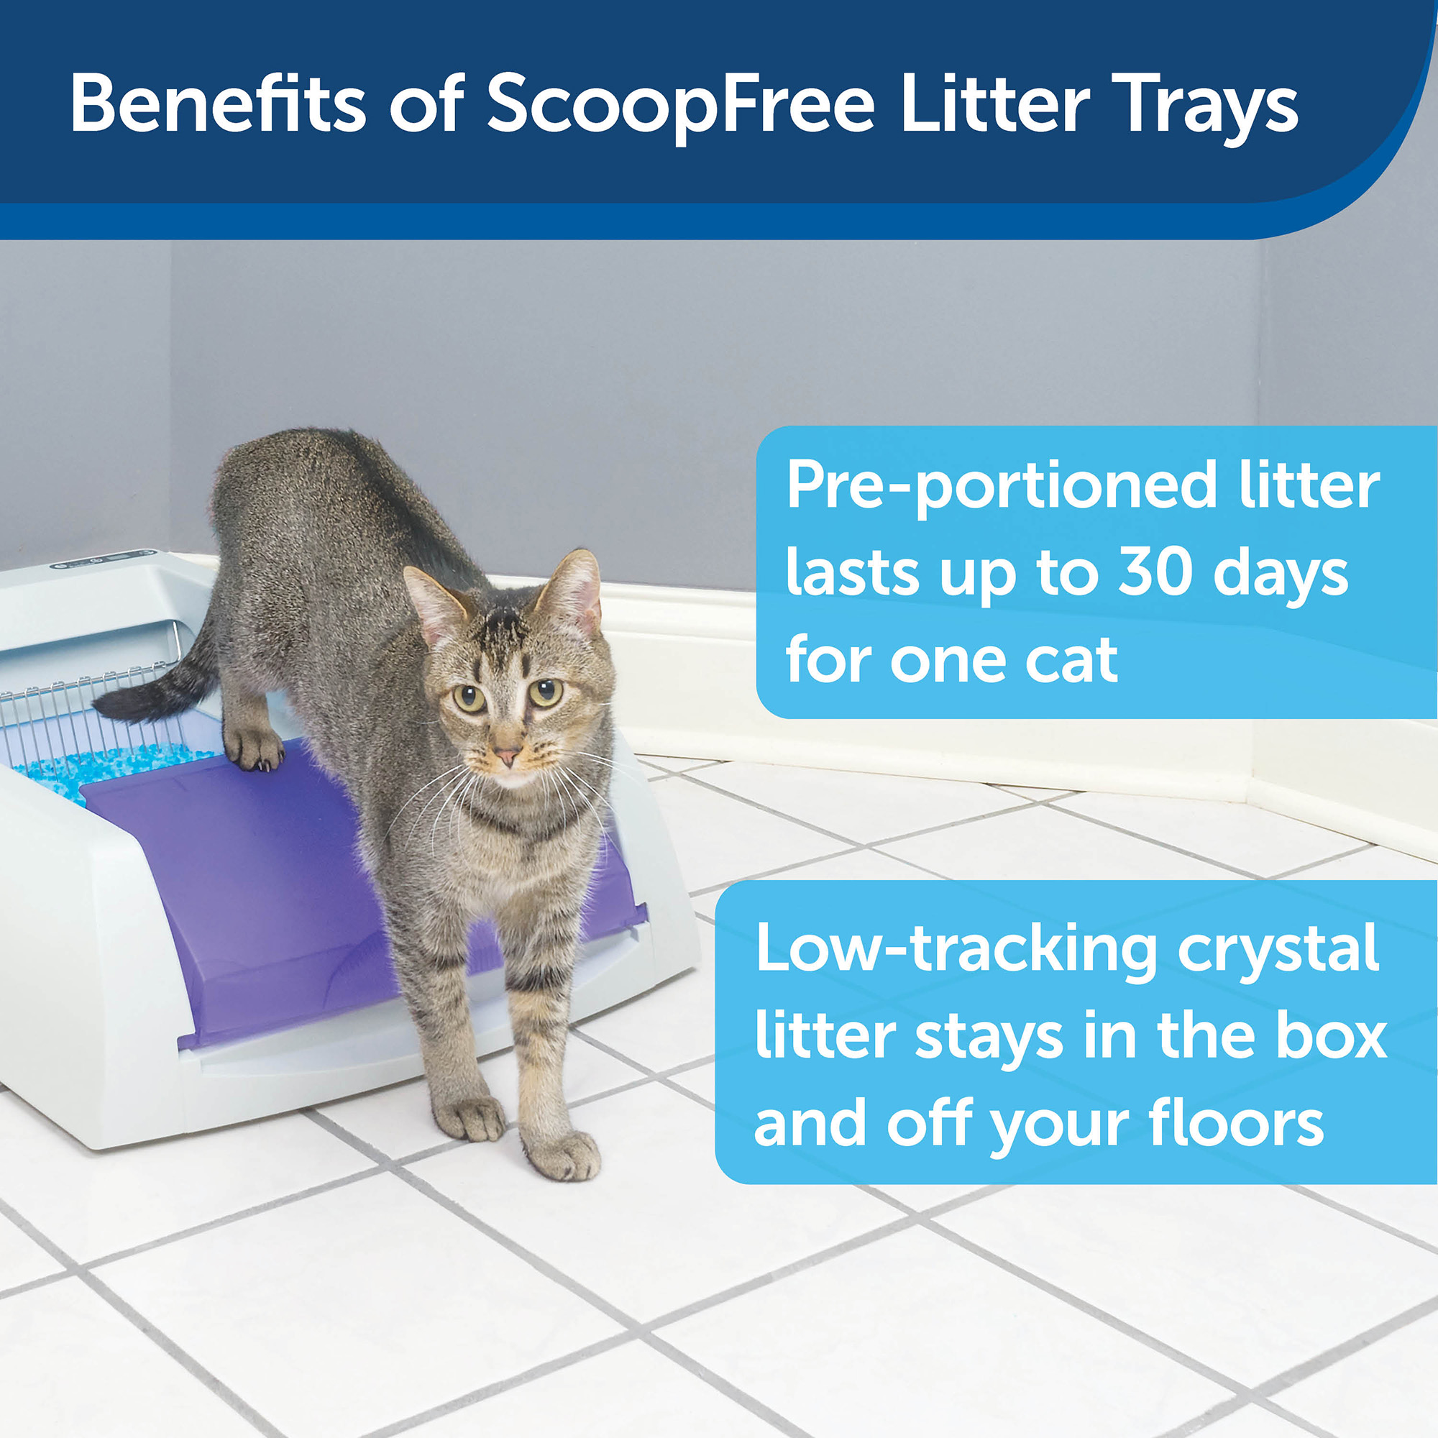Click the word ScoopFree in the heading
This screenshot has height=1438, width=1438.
point(680,106)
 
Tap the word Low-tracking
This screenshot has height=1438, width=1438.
point(956,949)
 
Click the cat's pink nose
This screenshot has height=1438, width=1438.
point(508,757)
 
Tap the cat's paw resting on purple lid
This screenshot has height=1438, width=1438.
point(255,748)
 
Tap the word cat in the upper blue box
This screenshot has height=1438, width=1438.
point(1071,659)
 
